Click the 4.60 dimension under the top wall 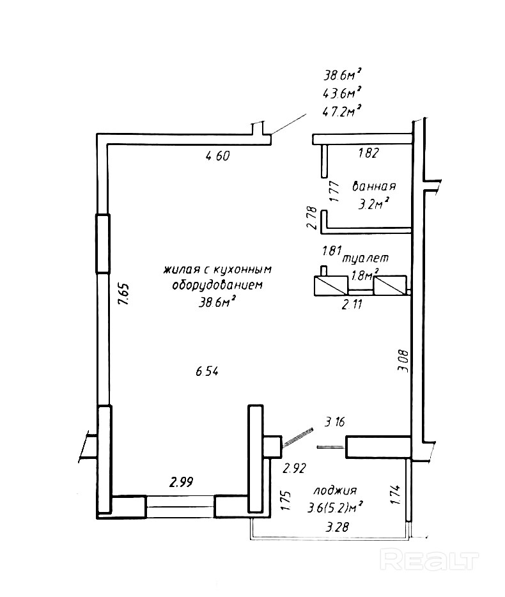point(217,156)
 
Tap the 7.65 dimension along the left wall point(124,293)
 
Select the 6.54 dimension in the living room point(207,371)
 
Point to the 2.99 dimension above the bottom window point(182,483)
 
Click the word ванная point(374,187)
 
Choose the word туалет point(366,258)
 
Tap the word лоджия point(335,490)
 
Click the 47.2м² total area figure point(341,112)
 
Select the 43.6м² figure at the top point(341,93)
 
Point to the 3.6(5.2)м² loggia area point(335,508)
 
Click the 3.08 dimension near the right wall point(403,361)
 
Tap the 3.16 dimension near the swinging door point(335,422)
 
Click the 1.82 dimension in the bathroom point(369,153)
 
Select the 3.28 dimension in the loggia point(337,527)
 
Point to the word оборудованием point(217,285)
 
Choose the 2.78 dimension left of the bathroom point(312,218)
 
